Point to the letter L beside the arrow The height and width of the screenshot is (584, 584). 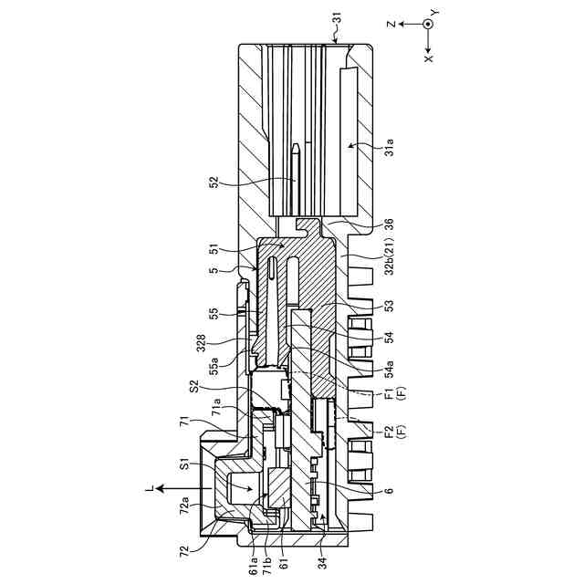point(148,488)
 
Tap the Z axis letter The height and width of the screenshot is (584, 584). point(390,25)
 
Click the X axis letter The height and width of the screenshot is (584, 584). point(428,57)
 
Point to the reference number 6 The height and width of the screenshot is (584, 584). point(390,491)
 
